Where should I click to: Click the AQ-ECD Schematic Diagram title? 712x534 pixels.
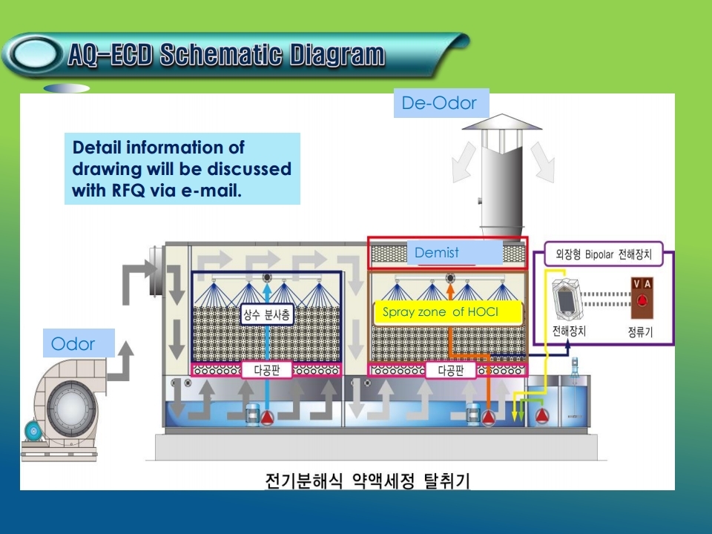point(226,55)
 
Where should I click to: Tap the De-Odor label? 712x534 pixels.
point(439,103)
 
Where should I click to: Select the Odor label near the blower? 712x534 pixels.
point(73,343)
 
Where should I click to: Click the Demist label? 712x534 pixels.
point(436,252)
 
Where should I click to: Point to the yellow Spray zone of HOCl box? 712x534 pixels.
point(447,312)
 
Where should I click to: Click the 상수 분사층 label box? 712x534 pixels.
point(266,314)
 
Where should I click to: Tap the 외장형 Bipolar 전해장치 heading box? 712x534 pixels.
point(604,254)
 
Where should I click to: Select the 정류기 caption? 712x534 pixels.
point(640,332)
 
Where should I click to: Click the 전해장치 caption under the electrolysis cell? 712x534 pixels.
point(569,331)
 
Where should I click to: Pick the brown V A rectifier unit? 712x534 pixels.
point(642,298)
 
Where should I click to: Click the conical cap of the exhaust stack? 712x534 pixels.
point(502,122)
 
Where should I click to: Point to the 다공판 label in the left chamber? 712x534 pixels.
point(266,370)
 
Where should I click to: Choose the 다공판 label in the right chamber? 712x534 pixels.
point(450,370)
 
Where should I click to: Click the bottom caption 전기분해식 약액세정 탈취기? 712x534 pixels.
point(367,481)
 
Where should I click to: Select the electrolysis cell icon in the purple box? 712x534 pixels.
point(566,299)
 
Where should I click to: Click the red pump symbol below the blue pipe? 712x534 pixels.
point(267,417)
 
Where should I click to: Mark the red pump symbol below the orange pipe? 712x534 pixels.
point(489,417)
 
